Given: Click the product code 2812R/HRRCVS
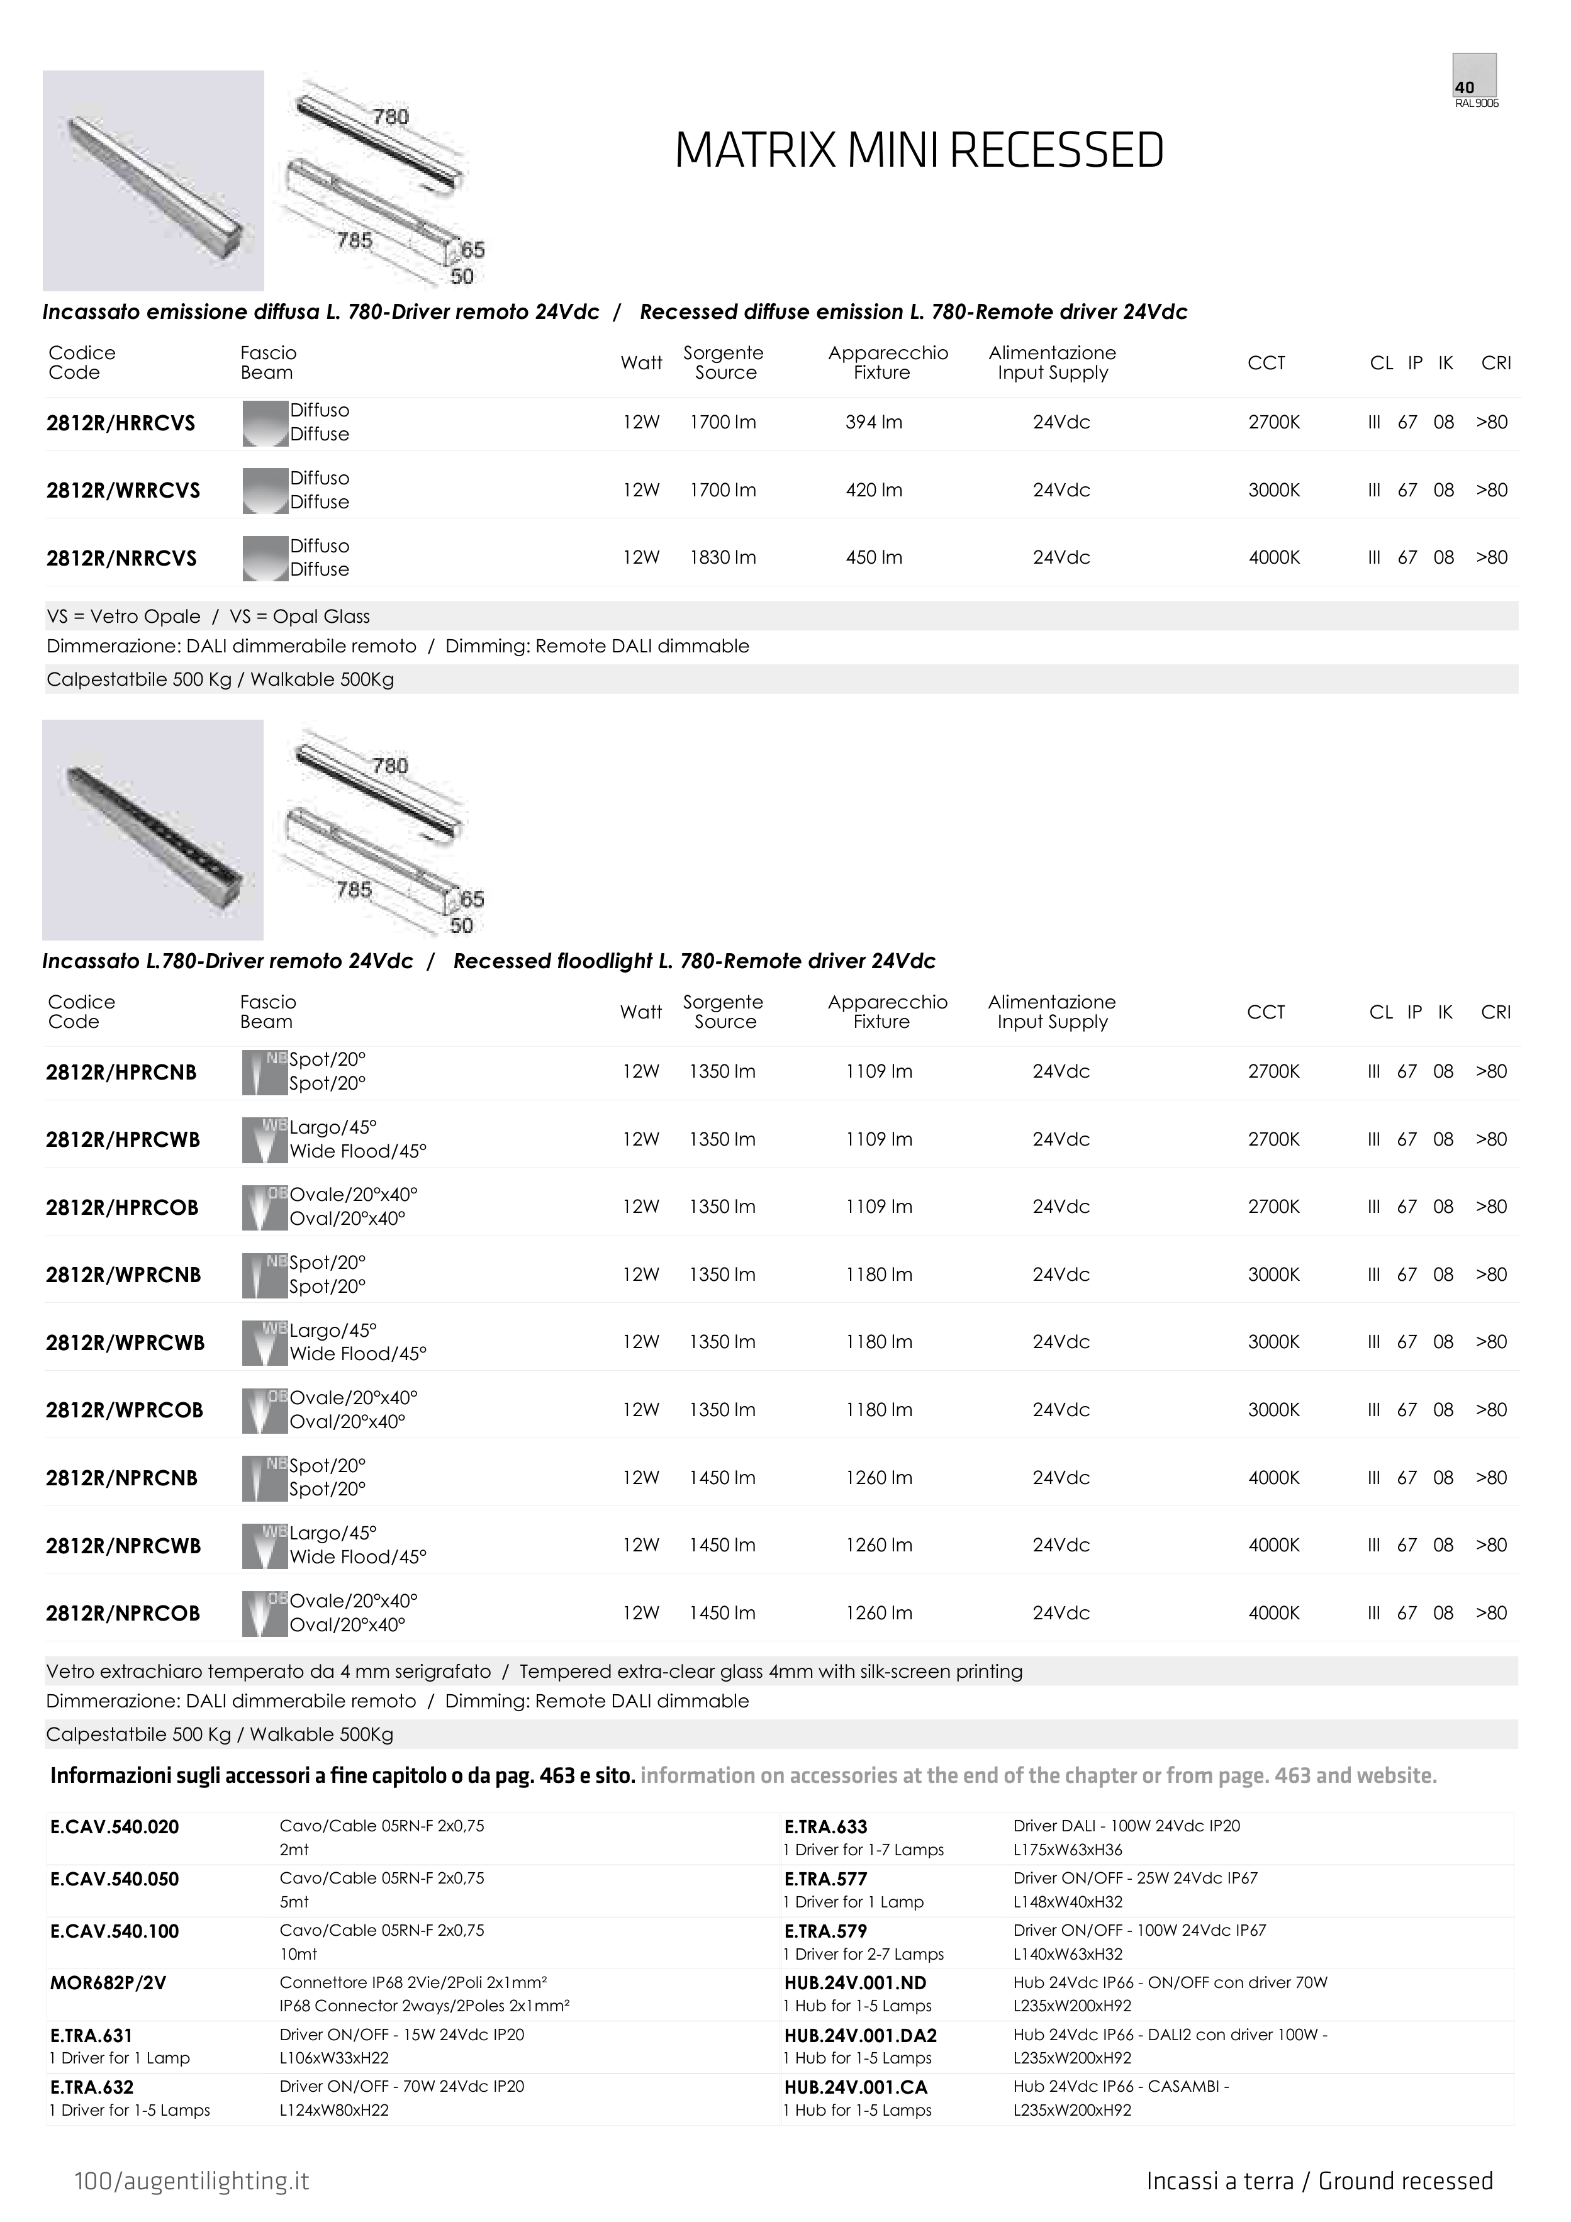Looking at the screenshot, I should (121, 423).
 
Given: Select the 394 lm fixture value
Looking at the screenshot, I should (873, 422).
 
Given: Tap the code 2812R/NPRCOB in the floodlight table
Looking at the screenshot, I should (123, 1613).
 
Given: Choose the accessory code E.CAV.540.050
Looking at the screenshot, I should (115, 1879).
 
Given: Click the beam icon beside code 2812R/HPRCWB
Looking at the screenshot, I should (264, 1139).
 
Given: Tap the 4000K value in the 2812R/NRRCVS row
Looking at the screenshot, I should (1274, 557).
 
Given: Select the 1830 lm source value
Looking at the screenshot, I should (722, 557).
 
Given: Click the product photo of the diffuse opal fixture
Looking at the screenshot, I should (153, 181).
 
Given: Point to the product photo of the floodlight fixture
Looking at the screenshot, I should (153, 829).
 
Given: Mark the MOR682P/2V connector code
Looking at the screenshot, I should (108, 1983).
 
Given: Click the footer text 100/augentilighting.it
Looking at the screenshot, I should (192, 2180).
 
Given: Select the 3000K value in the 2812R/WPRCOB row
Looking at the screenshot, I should (1274, 1410).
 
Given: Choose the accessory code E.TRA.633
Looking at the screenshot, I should (825, 1826).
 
